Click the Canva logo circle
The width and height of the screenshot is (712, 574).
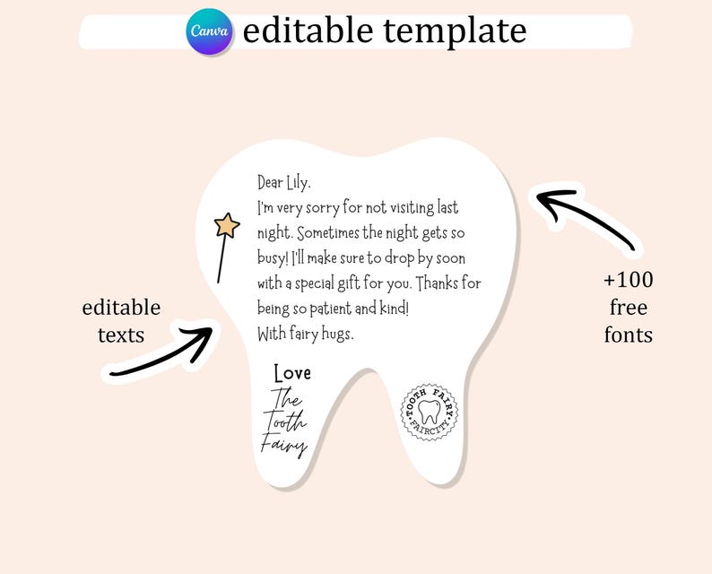click(210, 31)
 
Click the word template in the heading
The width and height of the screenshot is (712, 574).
click(455, 31)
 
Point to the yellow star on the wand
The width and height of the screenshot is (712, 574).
click(227, 225)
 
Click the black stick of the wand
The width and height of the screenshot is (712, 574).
click(220, 260)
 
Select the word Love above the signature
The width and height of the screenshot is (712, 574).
click(292, 373)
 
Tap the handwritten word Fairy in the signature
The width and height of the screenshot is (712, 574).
click(284, 444)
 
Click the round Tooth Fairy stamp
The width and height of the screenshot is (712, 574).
click(430, 413)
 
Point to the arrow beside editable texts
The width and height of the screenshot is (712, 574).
click(161, 352)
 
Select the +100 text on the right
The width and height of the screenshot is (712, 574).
click(629, 280)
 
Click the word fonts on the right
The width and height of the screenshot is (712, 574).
click(629, 335)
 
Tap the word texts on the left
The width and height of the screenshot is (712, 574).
click(121, 335)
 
